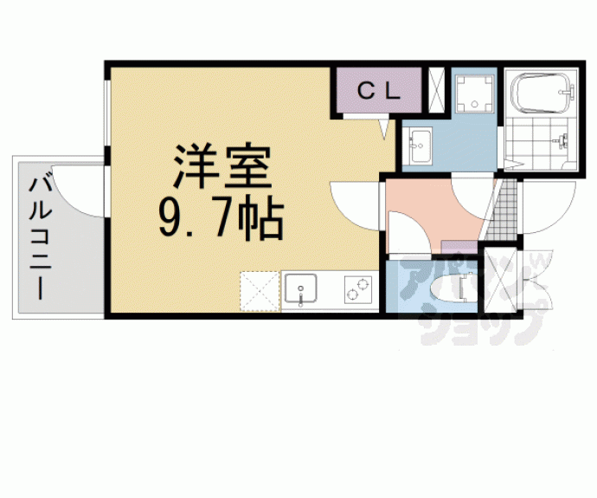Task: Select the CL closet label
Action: [x=378, y=91]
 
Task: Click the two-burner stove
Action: [x=357, y=288]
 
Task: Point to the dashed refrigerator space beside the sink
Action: [x=260, y=290]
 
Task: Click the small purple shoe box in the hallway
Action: [x=455, y=251]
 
